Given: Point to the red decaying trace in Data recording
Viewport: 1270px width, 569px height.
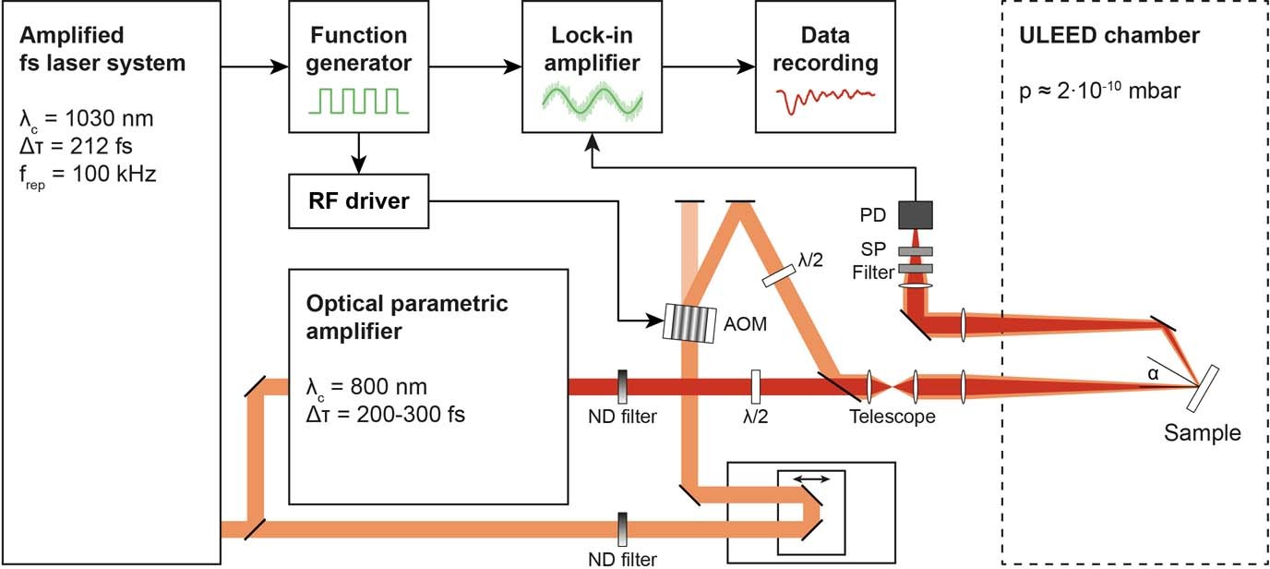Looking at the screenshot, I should tap(825, 99).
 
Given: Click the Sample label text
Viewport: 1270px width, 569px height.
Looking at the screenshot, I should tap(1202, 432).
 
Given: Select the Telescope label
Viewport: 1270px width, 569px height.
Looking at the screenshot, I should tap(892, 417).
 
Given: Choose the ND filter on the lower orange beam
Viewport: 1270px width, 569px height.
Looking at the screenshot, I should tap(623, 529).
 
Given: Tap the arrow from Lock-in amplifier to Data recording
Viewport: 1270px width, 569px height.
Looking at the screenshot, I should tap(706, 67).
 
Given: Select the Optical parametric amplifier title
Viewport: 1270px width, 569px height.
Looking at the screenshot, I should tap(408, 317).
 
